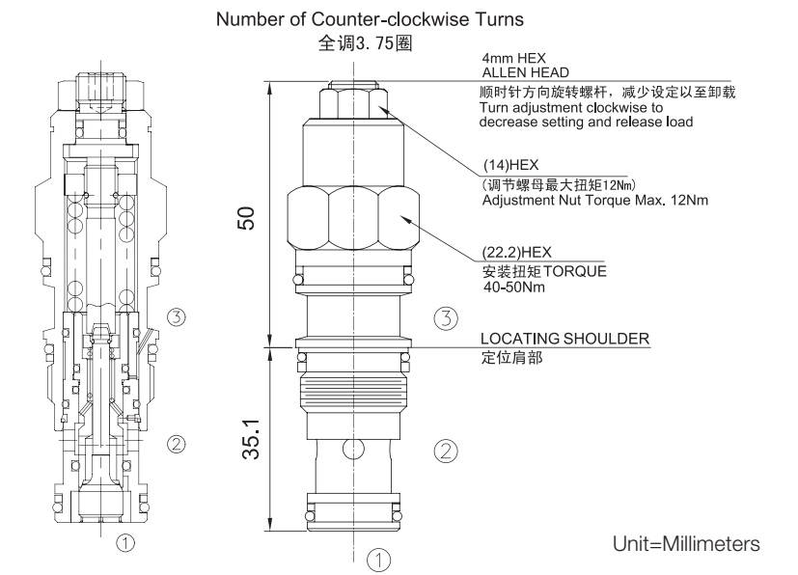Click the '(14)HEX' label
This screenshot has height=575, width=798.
tap(502, 165)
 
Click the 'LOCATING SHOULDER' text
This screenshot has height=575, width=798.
tap(564, 338)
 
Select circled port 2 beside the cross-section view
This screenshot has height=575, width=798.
tap(176, 444)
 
